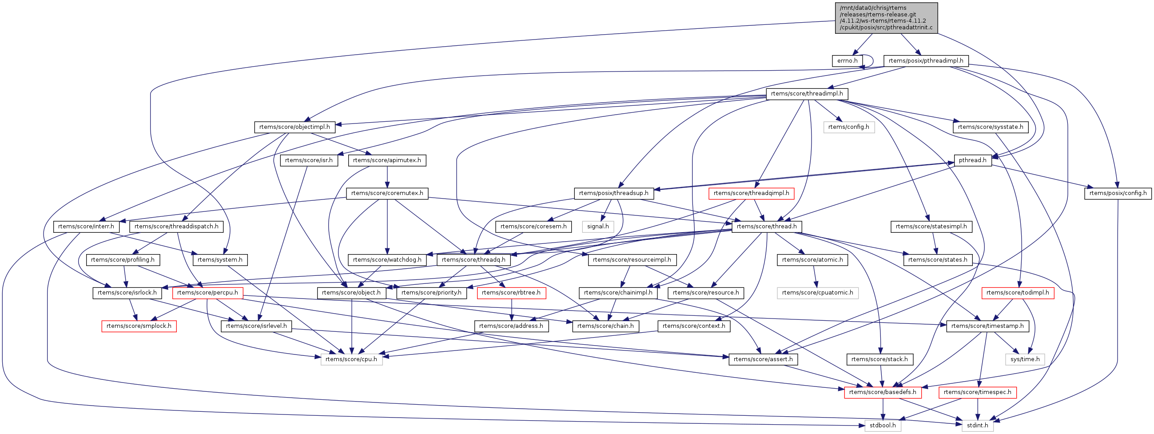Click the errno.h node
coord(847,61)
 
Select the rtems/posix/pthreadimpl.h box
coord(926,61)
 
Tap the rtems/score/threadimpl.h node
coord(806,94)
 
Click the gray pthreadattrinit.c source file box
coord(886,17)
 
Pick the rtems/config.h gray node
coord(848,127)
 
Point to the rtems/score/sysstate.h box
coord(990,127)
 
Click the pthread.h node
coord(973,160)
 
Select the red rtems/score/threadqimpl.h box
coord(751,194)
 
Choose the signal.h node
coord(597,227)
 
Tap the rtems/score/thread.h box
coord(767,227)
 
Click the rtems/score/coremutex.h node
coord(387,194)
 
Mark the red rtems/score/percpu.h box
coord(207,293)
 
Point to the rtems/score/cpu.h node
coord(351,359)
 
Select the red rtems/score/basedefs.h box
coord(883,392)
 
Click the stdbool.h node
coord(883,426)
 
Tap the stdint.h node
coord(977,426)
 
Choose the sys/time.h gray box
coord(1025,359)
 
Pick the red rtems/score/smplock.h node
coord(139,326)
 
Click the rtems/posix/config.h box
coord(1118,194)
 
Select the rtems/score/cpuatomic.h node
coord(818,293)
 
